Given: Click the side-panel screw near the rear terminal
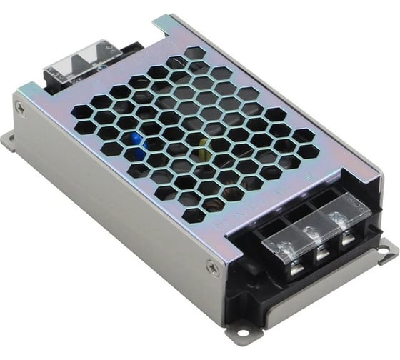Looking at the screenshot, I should click(x=21, y=109).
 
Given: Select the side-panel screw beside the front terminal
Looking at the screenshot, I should click(x=211, y=268).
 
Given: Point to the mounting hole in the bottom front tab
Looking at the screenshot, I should click(x=241, y=332).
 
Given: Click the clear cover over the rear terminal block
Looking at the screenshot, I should click(x=74, y=60).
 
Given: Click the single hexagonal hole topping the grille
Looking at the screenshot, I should click(x=193, y=53).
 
